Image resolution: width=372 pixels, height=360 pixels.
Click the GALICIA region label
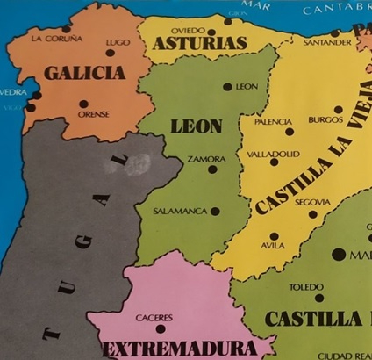pos(85,74)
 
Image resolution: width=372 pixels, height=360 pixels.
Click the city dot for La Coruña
pos(65,28)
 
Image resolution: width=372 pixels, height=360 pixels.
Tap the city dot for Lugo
pos(111,53)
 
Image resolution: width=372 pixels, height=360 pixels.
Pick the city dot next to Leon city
pos(227,86)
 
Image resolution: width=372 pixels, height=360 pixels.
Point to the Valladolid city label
pos(273,153)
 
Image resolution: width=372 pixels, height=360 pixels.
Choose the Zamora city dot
pos(211,169)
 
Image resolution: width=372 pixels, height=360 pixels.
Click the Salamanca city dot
pos(215,211)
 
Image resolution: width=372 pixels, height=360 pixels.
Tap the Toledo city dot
pos(319,298)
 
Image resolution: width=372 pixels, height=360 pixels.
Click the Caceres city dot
pos(159,328)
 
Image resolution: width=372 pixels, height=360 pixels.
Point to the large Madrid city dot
pos(339,254)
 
